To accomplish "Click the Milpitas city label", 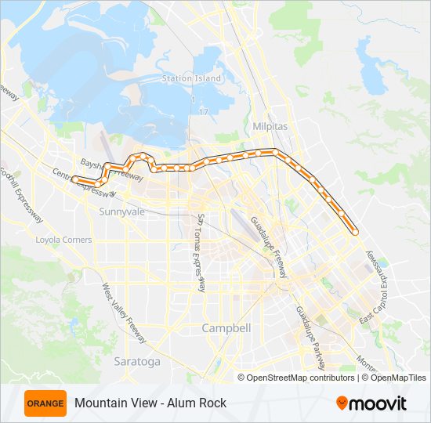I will click(270, 125).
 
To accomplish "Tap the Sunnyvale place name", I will click(121, 211).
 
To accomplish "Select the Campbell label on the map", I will click(226, 328).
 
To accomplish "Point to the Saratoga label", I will click(136, 361).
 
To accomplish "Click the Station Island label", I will click(191, 78).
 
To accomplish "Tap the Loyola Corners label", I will click(63, 240).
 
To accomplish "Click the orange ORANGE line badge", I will click(45, 403).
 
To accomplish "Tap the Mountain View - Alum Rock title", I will click(150, 403).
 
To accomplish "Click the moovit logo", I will click(371, 403).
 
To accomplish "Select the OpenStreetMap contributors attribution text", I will click(301, 378).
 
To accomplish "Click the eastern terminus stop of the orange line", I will click(355, 232).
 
